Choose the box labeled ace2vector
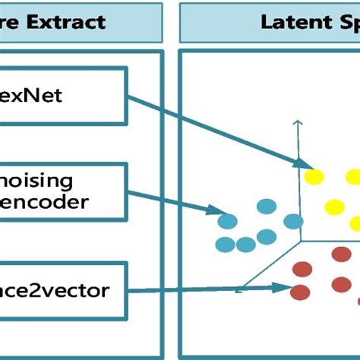(61, 289)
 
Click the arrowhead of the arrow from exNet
(306, 165)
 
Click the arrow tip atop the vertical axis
(298, 122)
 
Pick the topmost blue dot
(267, 206)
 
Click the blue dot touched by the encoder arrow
(227, 221)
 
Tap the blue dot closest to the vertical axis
(267, 236)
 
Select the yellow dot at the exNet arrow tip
(314, 177)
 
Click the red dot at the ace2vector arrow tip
(301, 292)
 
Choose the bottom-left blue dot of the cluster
(226, 245)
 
